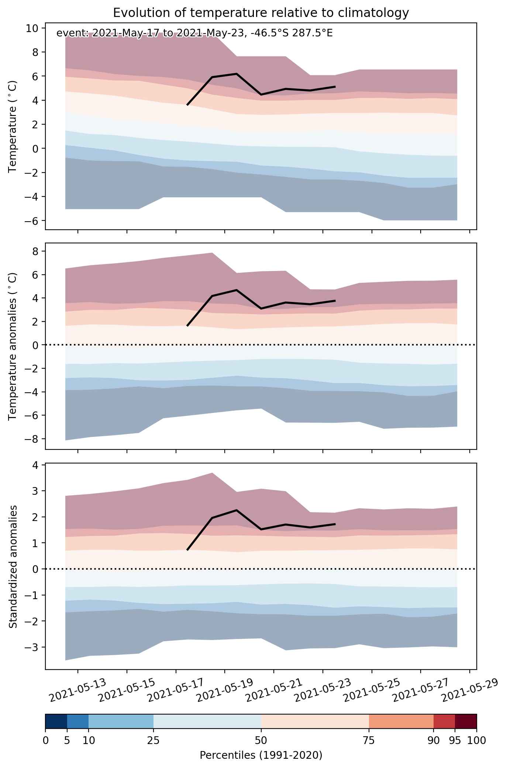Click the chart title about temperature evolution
pyautogui.click(x=261, y=13)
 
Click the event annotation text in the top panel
pyautogui.click(x=194, y=34)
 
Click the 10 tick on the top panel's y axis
pyautogui.click(x=32, y=28)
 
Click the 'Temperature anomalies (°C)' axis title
pyautogui.click(x=13, y=346)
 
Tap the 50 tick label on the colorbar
pyautogui.click(x=261, y=740)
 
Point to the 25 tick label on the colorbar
pyautogui.click(x=153, y=740)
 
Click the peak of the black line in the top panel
pyautogui.click(x=236, y=73)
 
